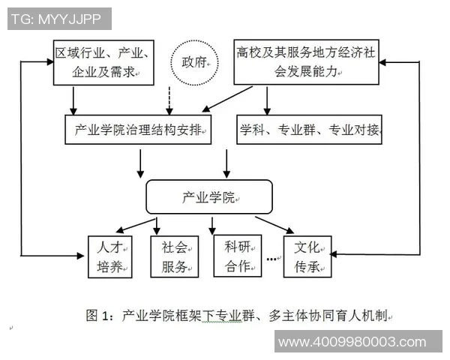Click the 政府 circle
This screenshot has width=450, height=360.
coord(193,61)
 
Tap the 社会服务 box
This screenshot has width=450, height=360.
coord(174,256)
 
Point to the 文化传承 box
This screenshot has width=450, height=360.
coord(307,256)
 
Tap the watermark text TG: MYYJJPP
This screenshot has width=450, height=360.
coord(59,19)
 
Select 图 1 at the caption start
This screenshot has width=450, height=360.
coord(100,316)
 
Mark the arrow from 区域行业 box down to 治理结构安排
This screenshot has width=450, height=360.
coord(73,100)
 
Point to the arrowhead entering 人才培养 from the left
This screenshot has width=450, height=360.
coord(82,256)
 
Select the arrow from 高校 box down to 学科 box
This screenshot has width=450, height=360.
coord(268,100)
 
